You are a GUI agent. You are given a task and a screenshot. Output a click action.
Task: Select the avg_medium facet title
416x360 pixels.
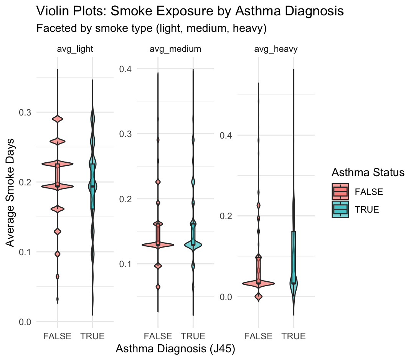175,49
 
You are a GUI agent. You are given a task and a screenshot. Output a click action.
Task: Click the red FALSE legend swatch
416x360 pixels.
340,191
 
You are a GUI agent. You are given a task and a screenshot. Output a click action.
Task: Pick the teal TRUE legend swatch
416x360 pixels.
340,209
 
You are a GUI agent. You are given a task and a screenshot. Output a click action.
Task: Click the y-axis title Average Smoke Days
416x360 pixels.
13,193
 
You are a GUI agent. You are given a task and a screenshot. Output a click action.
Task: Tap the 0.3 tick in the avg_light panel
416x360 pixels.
25,112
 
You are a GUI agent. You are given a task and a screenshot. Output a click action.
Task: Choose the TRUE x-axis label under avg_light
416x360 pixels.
92,337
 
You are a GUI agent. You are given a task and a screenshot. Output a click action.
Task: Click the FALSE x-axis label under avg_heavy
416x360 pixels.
258,337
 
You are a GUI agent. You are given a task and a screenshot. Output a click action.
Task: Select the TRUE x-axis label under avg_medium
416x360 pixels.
193,337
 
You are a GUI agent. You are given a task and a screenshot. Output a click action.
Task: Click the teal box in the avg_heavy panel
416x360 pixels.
294,257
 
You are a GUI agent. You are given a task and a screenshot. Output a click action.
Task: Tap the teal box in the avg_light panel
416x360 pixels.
92,186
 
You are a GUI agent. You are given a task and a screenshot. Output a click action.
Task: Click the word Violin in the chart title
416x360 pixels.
53,11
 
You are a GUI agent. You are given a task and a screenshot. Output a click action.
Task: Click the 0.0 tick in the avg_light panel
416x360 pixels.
25,322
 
